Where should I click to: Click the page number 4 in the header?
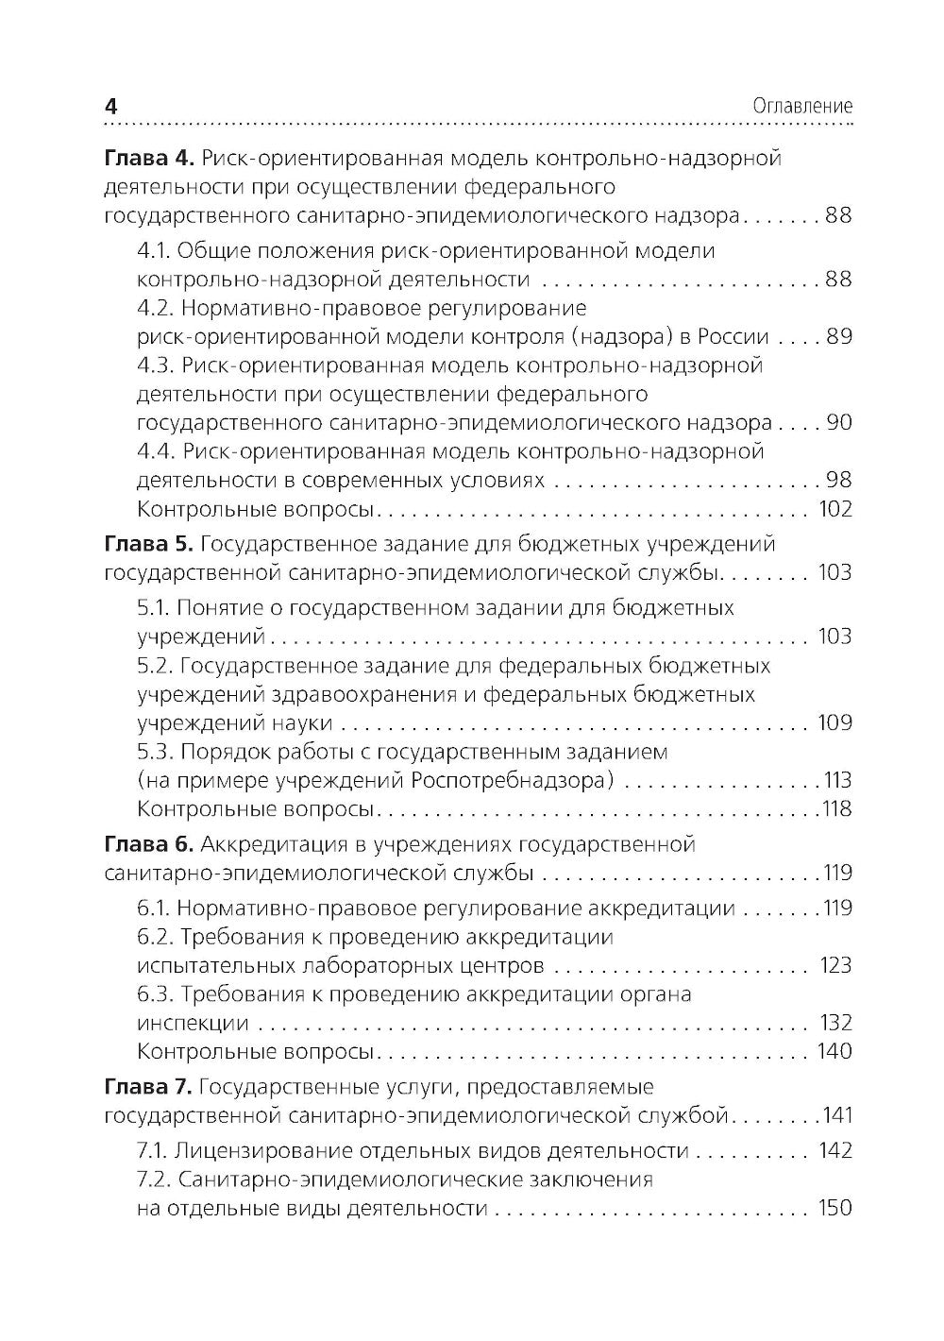110,107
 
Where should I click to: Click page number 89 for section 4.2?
838,337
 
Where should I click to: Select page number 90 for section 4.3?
838,423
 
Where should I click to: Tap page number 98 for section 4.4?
838,481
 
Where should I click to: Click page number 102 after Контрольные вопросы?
834,510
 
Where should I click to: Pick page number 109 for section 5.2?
834,723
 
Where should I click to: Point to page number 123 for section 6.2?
834,966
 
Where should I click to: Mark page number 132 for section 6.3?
834,1023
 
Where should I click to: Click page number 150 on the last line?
834,1208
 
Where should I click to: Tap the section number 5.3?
154,752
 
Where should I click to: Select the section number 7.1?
152,1150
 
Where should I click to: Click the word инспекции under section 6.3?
193,1023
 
